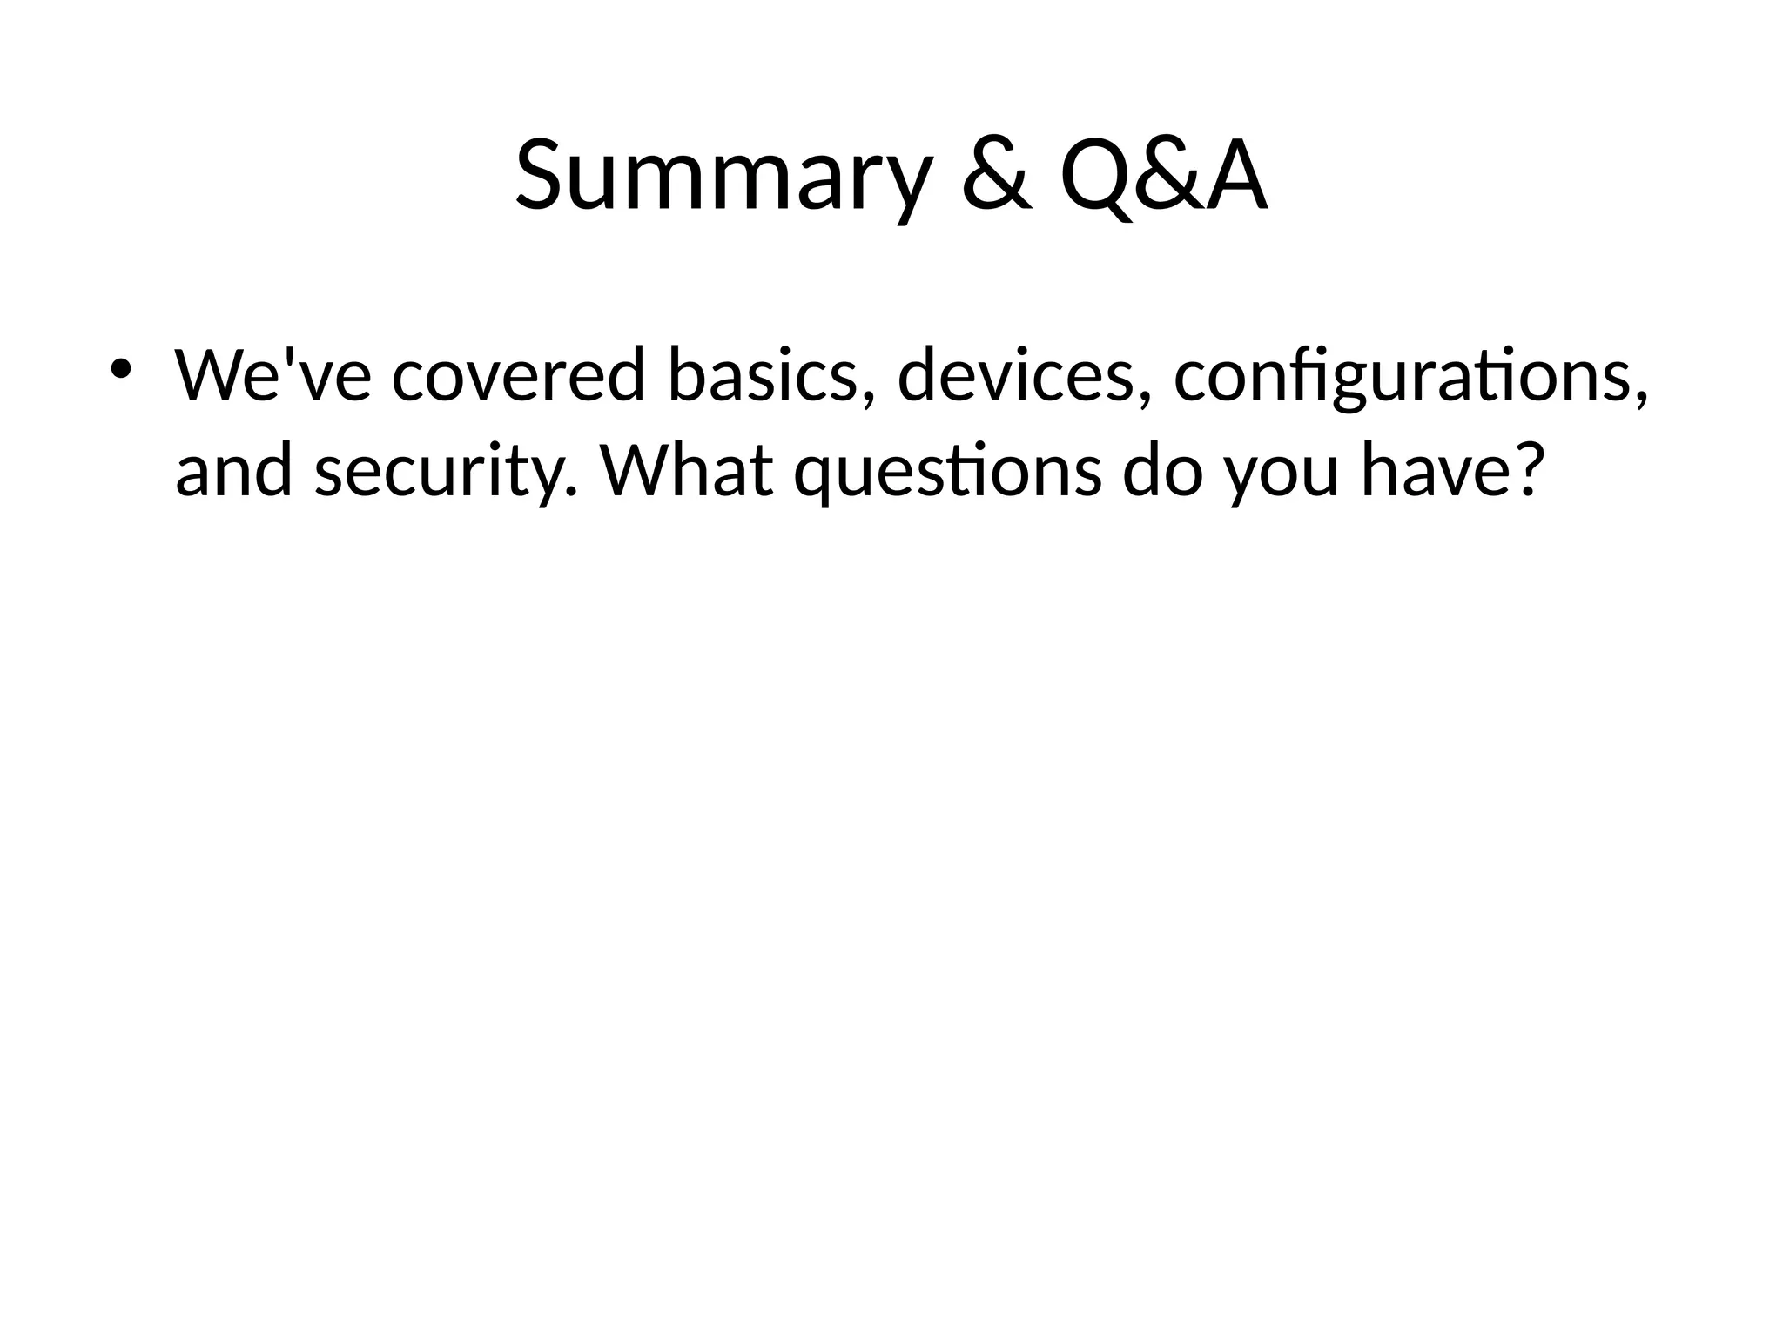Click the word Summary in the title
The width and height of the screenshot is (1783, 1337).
tap(723, 177)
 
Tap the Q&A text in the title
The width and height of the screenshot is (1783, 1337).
tap(1163, 177)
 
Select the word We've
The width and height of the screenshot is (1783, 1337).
tap(272, 376)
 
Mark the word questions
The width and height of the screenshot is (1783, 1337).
tap(947, 473)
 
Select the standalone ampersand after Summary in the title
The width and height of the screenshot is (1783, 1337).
tap(998, 177)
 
